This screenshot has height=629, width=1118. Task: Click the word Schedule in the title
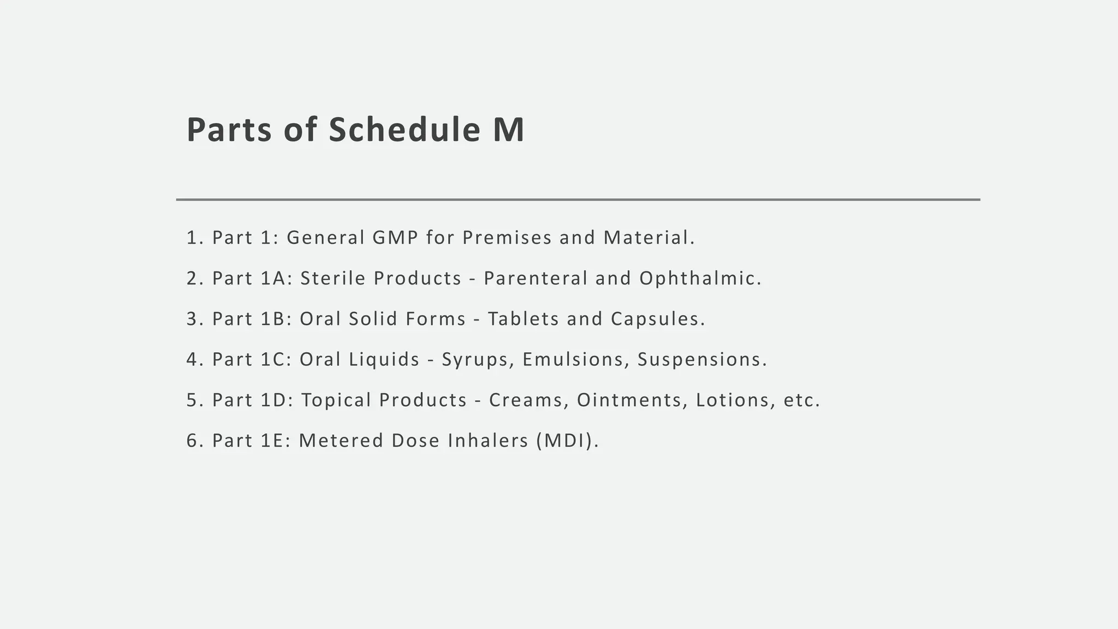coord(404,130)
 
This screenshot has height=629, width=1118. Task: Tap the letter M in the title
coord(508,130)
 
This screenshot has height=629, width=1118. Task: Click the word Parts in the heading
coord(229,130)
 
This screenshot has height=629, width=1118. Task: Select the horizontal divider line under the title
coord(578,200)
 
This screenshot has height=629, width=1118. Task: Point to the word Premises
coord(507,238)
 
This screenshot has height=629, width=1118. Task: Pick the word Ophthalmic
coord(700,278)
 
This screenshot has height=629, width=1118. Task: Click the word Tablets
coord(524,319)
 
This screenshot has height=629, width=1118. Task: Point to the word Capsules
coord(657,319)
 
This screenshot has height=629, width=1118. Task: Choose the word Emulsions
coord(573,360)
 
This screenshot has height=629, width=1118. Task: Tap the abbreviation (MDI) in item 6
coord(567,441)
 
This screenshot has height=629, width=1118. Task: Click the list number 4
coord(192,360)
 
